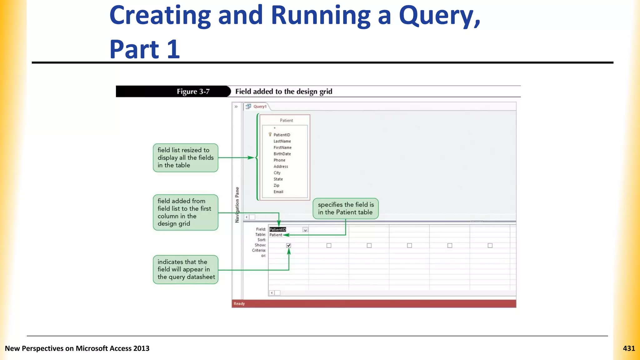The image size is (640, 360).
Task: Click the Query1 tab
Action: [259, 107]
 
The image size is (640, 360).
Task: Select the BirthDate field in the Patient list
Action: [282, 154]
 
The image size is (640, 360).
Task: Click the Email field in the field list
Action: [278, 192]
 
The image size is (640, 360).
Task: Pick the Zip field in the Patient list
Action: [276, 185]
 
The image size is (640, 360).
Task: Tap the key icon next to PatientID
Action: [270, 134]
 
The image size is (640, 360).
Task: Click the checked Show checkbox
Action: [288, 245]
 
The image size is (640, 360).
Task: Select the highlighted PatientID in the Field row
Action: [277, 229]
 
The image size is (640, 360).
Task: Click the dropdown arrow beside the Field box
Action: [305, 230]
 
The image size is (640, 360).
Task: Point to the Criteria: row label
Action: [259, 250]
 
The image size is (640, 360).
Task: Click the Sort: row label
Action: [262, 240]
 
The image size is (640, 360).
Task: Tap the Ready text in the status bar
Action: [239, 303]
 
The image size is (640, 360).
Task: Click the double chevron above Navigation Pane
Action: [236, 107]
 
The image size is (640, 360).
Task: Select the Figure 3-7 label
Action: [193, 92]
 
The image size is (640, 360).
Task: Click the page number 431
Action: [628, 348]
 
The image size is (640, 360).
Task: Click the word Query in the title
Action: [439, 16]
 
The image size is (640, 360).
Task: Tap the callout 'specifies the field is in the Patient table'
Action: [345, 208]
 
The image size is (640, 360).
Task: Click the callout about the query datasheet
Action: [186, 269]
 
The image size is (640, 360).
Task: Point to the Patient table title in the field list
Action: [286, 120]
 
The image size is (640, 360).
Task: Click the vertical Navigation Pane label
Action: [237, 205]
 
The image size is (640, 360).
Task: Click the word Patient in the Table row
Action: [276, 235]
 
